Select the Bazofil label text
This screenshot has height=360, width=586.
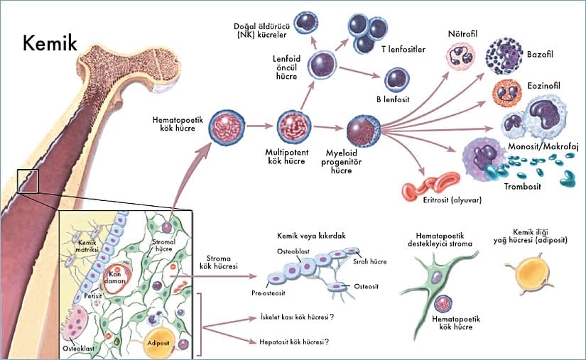click(541, 53)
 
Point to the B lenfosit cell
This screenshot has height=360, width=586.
click(396, 80)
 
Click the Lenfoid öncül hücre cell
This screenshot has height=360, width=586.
click(324, 65)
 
